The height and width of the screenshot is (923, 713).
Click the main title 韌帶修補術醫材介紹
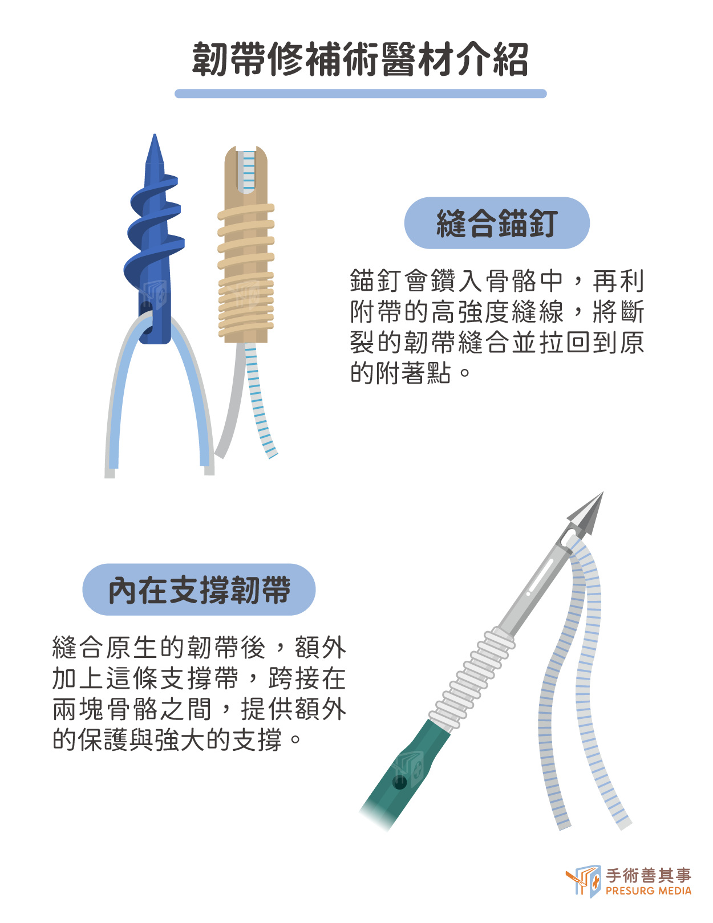360,59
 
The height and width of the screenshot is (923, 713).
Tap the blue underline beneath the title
360,93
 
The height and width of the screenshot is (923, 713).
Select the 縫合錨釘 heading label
497,223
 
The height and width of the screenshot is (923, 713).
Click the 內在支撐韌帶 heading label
199,589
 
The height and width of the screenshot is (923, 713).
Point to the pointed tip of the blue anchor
155,135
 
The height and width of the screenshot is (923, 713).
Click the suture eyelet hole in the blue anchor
146,318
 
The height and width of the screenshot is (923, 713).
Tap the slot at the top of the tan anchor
246,170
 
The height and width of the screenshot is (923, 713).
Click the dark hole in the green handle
399,782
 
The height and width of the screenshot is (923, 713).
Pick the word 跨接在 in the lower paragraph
307,678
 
